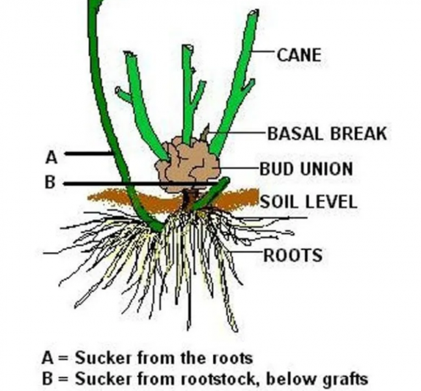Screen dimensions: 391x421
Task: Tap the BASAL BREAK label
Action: (x=327, y=134)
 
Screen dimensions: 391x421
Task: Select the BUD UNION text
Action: (x=306, y=169)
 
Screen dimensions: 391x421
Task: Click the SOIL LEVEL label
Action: (x=308, y=201)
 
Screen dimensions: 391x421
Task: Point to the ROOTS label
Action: (x=293, y=254)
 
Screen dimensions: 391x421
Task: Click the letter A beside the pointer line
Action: (x=51, y=156)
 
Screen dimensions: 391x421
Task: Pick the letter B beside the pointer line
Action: (x=51, y=183)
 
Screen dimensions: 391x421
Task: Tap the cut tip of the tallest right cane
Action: (x=251, y=14)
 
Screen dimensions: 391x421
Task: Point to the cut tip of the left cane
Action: (x=129, y=57)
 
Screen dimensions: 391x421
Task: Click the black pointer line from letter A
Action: (x=88, y=154)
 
